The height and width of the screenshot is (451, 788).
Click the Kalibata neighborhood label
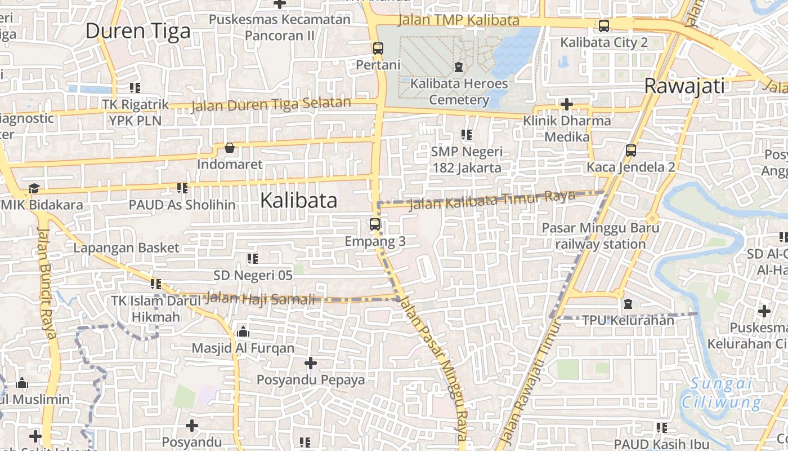(299, 201)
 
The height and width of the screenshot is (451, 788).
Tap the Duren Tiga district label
(138, 31)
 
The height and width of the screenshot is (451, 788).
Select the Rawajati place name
(684, 86)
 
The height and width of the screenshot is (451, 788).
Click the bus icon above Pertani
(378, 48)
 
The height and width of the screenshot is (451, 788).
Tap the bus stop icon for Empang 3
(375, 224)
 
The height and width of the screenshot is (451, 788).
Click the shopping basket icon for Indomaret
(230, 148)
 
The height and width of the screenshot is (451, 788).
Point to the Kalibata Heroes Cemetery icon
(459, 67)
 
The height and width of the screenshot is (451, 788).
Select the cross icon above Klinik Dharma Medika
(567, 104)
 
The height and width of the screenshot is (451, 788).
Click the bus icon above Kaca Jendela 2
(631, 151)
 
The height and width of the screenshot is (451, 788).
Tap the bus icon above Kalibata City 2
(604, 26)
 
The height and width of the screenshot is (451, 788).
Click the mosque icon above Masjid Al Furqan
(243, 331)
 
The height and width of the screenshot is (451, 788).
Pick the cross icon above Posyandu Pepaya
(310, 363)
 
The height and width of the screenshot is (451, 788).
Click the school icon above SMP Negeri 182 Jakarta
(467, 135)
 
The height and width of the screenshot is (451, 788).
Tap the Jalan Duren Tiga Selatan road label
(271, 104)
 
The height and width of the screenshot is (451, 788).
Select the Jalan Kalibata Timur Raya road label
(492, 200)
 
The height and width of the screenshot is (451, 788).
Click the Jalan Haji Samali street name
(260, 299)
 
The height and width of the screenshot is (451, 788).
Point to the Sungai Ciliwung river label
(721, 393)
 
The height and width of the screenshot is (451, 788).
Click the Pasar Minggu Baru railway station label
(600, 236)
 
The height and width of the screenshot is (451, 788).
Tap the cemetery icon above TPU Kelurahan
(628, 304)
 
